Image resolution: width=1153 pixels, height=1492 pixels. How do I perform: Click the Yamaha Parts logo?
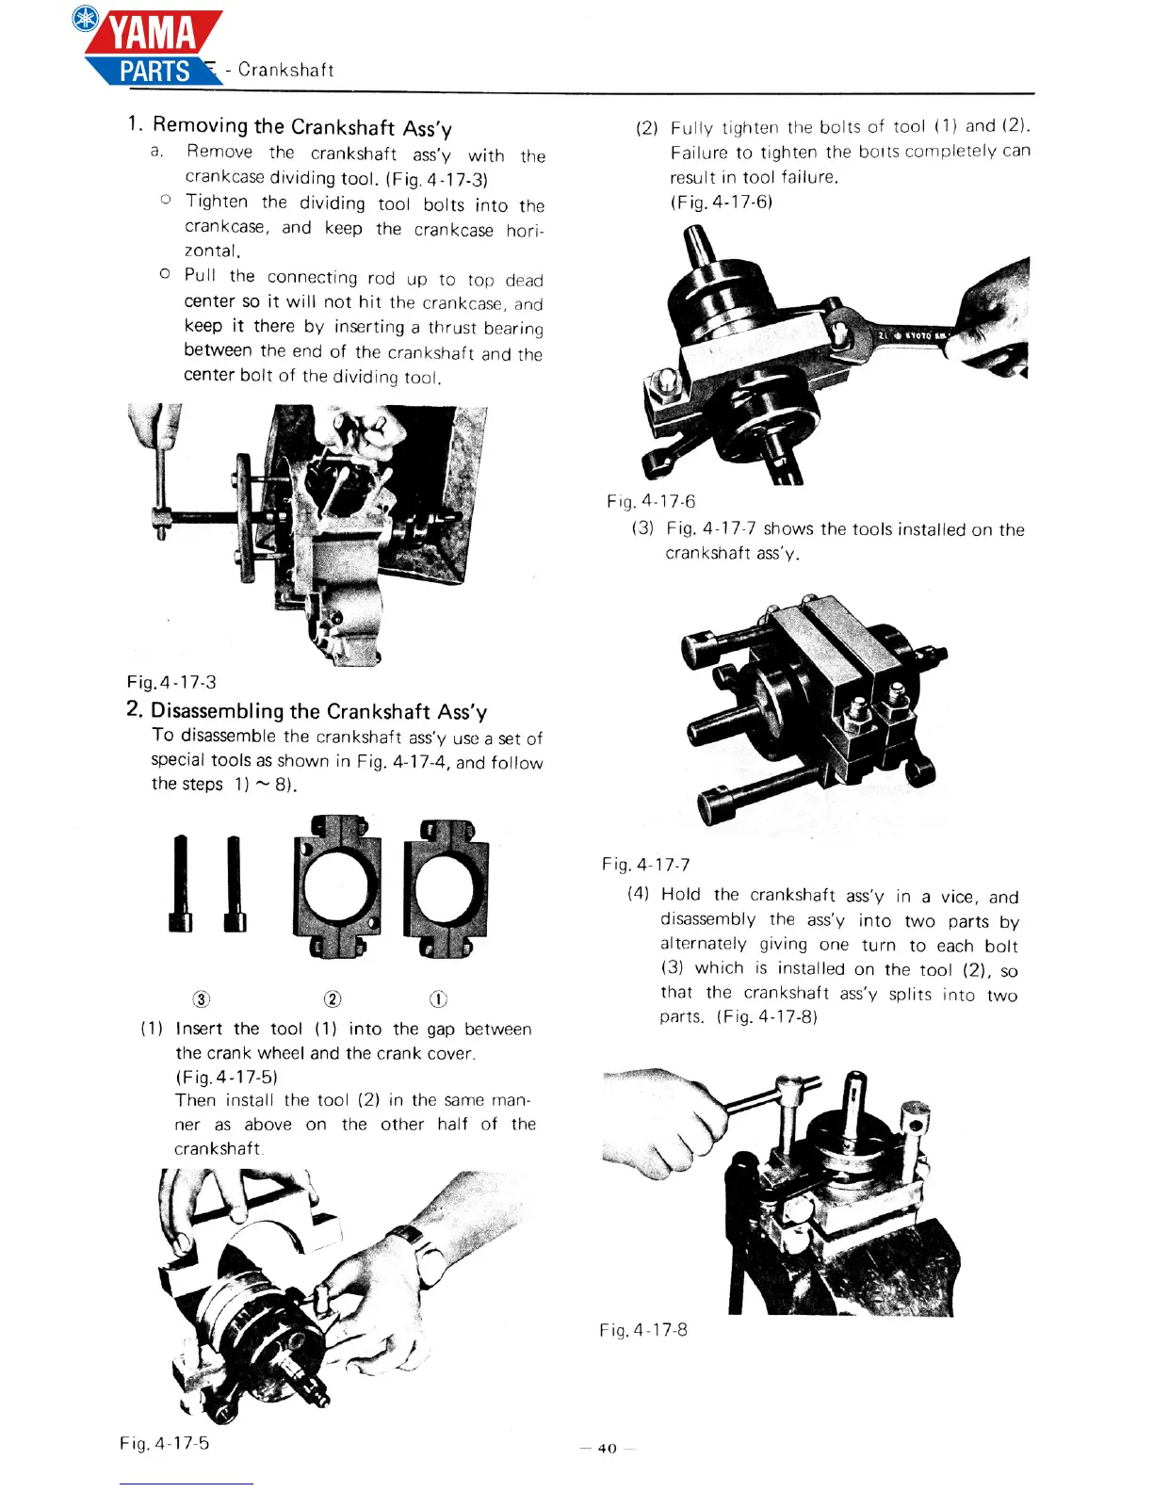tap(151, 47)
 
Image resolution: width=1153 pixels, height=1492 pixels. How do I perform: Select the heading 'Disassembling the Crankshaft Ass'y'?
tap(318, 711)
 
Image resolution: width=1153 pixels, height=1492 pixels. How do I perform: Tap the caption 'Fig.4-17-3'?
tap(171, 682)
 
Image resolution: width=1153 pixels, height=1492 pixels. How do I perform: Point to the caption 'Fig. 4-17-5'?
tap(165, 1443)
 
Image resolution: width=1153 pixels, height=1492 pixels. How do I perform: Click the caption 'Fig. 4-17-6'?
tap(651, 501)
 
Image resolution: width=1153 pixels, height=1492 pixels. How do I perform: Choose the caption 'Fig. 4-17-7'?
tap(646, 865)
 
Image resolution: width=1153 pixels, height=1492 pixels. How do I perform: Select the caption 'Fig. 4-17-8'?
tap(643, 1330)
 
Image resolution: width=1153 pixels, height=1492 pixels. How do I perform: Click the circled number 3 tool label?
tap(201, 999)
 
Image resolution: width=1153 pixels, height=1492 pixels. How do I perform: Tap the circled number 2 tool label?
tap(333, 999)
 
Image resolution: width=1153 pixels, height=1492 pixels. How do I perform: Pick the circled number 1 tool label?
tap(438, 999)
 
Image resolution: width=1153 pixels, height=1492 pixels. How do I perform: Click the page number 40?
tap(608, 1449)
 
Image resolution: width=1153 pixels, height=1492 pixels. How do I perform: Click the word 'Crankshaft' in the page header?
tap(286, 70)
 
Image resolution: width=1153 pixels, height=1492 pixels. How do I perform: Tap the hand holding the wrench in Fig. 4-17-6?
tap(994, 316)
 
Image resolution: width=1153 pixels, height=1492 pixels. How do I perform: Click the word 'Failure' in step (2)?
tap(699, 153)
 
